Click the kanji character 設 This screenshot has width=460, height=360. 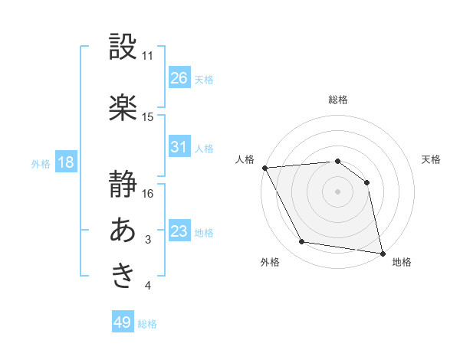click(123, 47)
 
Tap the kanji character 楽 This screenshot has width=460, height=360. click(123, 107)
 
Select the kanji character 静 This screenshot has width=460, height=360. click(123, 185)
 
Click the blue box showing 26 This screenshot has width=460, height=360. click(179, 78)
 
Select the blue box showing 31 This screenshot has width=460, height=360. click(179, 147)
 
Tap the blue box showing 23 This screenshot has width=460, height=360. click(179, 231)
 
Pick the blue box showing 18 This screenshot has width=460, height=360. click(66, 162)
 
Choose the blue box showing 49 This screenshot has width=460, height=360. click(123, 322)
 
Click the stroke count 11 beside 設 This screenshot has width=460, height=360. click(148, 56)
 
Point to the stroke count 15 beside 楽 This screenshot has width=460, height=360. click(148, 117)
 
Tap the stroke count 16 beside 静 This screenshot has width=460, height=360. click(148, 194)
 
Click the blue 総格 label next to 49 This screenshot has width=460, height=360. click(147, 324)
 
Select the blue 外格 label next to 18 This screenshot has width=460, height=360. click(41, 163)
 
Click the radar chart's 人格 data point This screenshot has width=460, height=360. click(264, 168)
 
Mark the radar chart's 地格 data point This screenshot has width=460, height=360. click(382, 252)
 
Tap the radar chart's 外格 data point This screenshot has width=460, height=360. click(302, 243)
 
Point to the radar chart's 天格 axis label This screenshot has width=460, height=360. click(432, 159)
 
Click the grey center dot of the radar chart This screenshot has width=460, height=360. click(337, 191)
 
